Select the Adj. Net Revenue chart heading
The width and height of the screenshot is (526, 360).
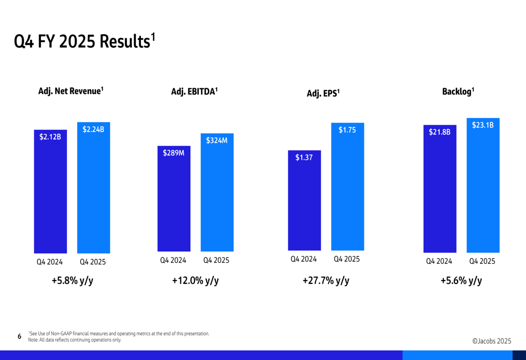[70, 91]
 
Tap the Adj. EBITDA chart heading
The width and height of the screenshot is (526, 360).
[194, 91]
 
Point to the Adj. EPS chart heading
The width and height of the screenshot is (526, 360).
[323, 94]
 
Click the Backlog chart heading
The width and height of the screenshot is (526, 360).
[458, 91]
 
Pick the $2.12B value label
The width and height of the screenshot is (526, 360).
[50, 137]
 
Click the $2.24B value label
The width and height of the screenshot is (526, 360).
[93, 129]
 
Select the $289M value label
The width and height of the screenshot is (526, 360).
[174, 153]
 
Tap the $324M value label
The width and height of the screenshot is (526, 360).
[217, 140]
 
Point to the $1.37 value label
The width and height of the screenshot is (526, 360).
[304, 157]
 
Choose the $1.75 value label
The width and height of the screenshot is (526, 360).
[347, 130]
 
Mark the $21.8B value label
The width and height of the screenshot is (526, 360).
[440, 132]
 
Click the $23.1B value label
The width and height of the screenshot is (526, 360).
[483, 125]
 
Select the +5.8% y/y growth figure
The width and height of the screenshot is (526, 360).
[73, 281]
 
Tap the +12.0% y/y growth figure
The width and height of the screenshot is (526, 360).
[195, 281]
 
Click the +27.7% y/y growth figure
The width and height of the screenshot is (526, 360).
[326, 281]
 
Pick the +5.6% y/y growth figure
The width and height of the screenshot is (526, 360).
[461, 281]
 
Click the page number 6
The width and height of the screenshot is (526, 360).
[19, 336]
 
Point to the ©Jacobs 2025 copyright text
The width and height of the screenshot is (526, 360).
[492, 341]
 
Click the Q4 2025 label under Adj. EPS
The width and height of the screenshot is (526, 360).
[347, 259]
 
